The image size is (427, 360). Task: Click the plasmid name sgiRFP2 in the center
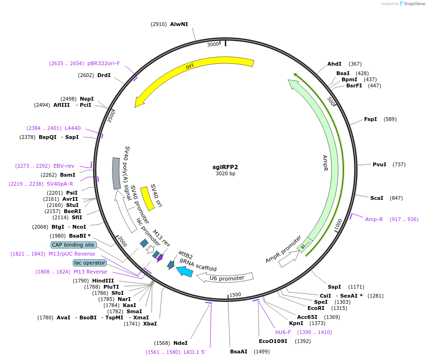click(x=225, y=167)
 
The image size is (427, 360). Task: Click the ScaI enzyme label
click(x=376, y=198)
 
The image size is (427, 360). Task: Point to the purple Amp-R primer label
click(x=374, y=219)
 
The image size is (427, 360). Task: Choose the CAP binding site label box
click(x=74, y=245)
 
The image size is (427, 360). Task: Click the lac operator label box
click(x=90, y=263)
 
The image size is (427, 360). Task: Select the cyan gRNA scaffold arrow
click(x=185, y=271)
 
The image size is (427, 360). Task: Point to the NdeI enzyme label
click(x=180, y=343)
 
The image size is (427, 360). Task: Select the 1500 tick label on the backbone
click(x=235, y=294)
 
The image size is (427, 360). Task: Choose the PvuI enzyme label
click(x=379, y=164)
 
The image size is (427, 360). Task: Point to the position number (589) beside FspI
click(x=390, y=119)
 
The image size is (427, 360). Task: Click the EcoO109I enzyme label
click(x=273, y=341)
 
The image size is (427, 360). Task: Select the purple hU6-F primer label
click(x=283, y=332)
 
